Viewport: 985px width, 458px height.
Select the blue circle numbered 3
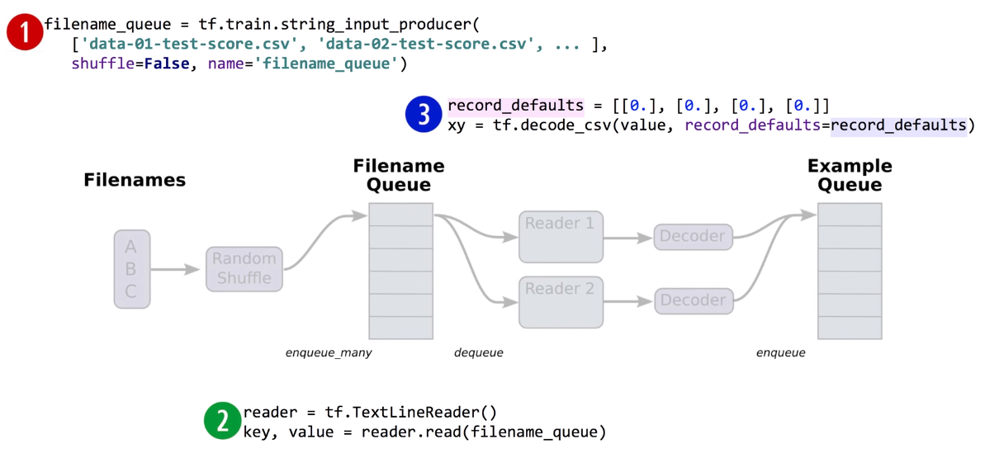(x=425, y=115)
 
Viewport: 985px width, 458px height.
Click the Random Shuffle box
(x=244, y=269)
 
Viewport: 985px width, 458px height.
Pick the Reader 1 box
(x=561, y=237)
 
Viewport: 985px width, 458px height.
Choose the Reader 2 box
(x=561, y=302)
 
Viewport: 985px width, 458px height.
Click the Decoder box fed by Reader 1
(x=694, y=237)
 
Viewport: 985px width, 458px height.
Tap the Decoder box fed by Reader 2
(x=694, y=301)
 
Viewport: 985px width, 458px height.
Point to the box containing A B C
(x=132, y=269)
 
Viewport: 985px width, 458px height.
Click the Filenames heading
(x=135, y=180)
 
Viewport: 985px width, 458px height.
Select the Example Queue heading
(x=850, y=175)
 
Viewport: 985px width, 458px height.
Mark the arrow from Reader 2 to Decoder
(x=629, y=301)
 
